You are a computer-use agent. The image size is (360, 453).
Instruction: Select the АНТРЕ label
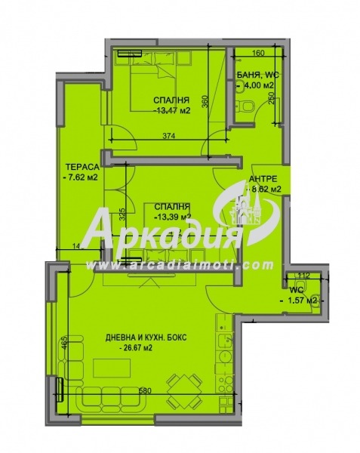pyautogui.click(x=263, y=178)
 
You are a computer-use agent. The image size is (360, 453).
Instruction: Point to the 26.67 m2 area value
pyautogui.click(x=142, y=348)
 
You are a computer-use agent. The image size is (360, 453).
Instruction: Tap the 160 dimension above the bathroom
pyautogui.click(x=257, y=54)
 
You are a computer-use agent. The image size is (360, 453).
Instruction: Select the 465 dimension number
pyautogui.click(x=65, y=344)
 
